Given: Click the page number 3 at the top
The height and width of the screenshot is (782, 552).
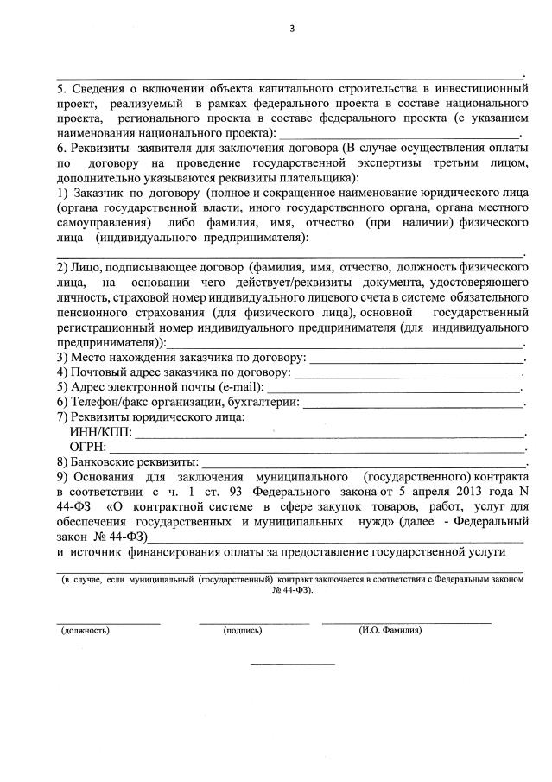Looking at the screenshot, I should pos(293,29).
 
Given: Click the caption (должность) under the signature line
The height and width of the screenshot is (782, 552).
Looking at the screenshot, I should pos(86,631).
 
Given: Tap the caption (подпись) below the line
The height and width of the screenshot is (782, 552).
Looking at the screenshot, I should pos(242,631).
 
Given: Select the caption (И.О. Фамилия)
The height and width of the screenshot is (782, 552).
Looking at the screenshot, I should pos(390,631).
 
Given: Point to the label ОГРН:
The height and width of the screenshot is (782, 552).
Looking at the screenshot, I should pos(90,447).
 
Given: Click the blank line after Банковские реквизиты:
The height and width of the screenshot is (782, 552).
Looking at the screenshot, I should pos(363,465).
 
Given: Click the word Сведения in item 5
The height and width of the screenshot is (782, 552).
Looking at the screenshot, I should pos(98,89).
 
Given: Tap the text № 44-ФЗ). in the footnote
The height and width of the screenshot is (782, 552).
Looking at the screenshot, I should pos(293,590).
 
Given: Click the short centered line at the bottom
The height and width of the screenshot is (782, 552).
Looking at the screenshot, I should pos(292,664).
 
